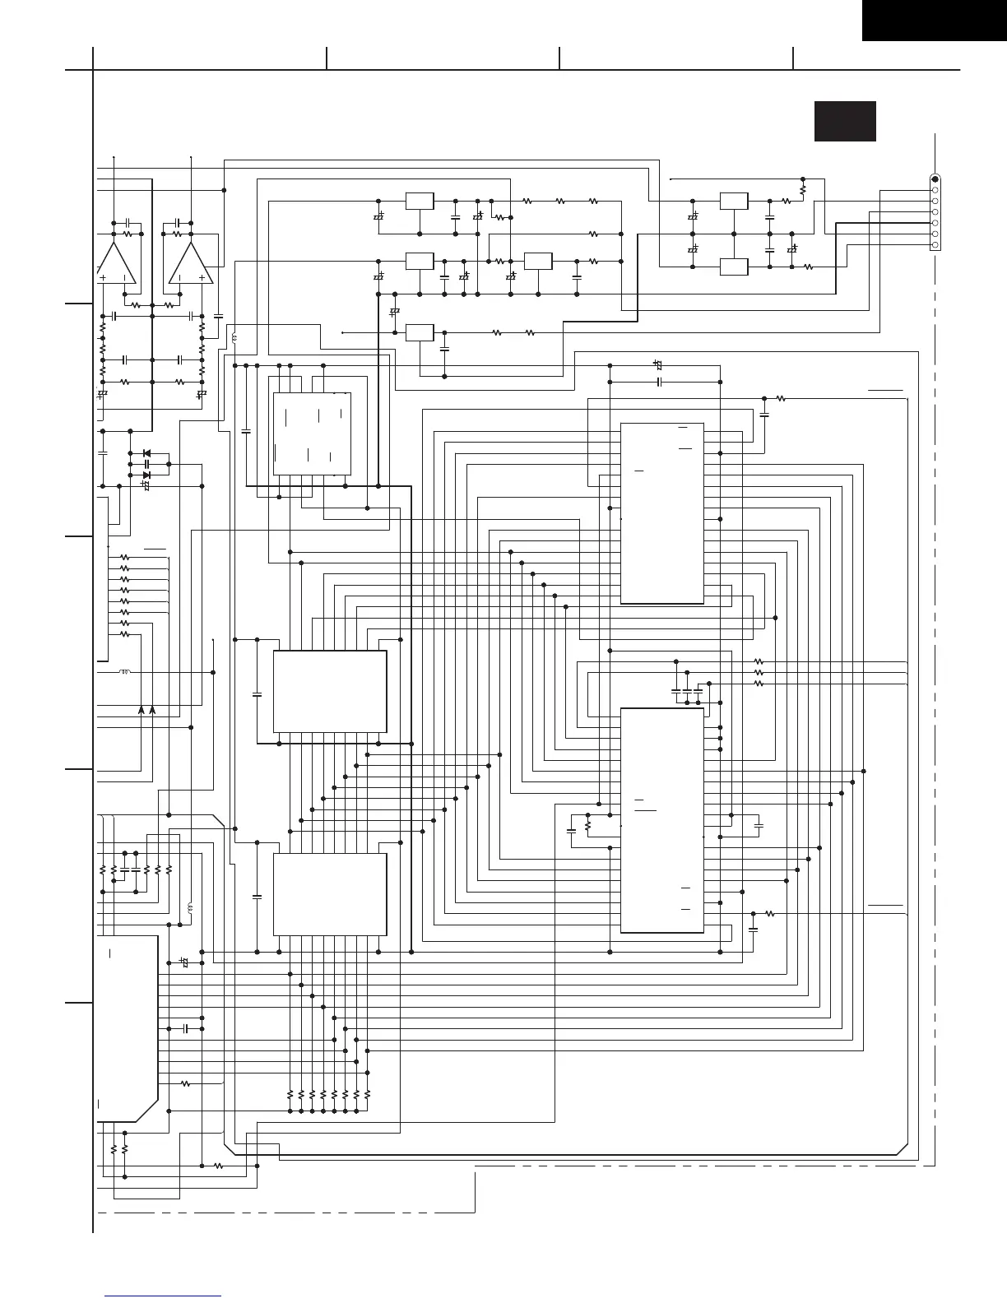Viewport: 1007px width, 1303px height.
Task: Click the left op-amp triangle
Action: coord(116,263)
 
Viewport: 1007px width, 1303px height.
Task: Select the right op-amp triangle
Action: coord(190,263)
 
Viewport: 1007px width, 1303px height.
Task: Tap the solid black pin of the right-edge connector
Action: coord(935,179)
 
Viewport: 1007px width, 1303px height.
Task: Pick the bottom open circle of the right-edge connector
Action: coord(935,245)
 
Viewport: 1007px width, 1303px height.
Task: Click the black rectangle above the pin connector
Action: coord(845,121)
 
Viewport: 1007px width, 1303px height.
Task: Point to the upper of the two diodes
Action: coord(146,453)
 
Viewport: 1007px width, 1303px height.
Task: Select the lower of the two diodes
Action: coord(146,475)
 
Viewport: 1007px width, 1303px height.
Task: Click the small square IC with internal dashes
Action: coord(312,434)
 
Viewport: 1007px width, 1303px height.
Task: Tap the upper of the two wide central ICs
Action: coord(329,692)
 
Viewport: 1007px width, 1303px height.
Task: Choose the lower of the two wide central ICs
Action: coord(329,894)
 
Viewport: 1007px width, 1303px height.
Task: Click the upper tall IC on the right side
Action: coord(661,513)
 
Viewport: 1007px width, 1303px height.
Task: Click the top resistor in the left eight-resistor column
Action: coord(124,557)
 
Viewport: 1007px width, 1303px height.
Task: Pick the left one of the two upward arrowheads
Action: coord(142,709)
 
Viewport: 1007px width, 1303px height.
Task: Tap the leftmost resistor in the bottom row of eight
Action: coord(290,1095)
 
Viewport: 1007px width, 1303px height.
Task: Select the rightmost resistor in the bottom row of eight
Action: coord(367,1095)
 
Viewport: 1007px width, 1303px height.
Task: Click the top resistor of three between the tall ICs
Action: coord(759,661)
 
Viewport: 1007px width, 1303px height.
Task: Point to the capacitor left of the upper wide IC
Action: coord(258,695)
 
